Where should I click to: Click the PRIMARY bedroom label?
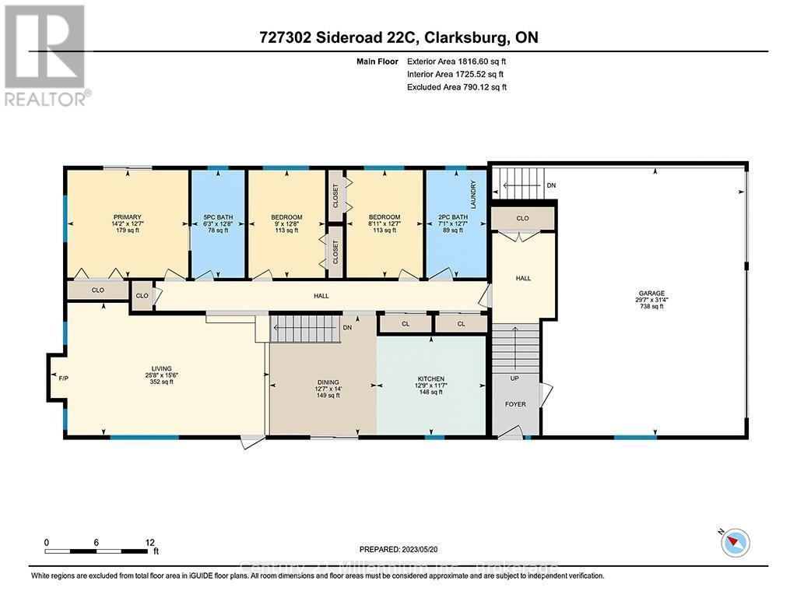point(127,216)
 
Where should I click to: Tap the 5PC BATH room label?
point(219,216)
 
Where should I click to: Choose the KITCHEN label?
point(430,378)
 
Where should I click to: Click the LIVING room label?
point(162,368)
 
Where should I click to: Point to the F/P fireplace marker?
point(64,378)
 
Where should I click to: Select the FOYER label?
point(514,404)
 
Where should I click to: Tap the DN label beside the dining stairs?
point(346,328)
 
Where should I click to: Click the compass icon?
point(735,542)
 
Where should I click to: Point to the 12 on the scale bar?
point(149,542)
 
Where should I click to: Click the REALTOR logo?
point(46,55)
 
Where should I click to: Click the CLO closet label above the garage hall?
point(522,218)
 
